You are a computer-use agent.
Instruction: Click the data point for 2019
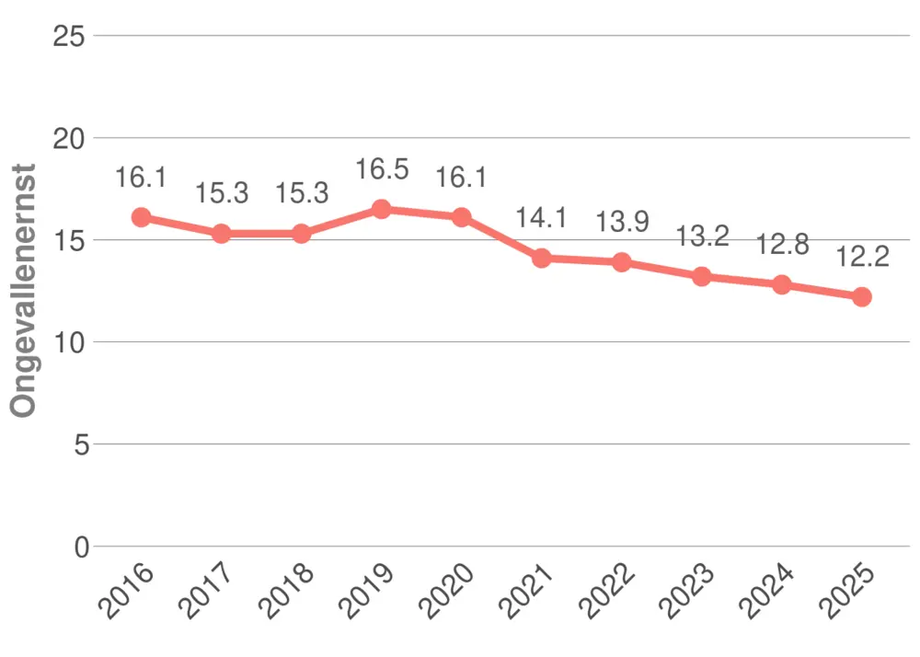(382, 209)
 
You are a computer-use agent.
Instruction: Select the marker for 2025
(862, 297)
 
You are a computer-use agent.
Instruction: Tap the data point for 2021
(542, 259)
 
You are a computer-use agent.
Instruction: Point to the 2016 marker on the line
(141, 217)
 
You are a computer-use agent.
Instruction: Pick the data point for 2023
(702, 277)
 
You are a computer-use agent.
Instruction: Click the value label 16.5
(382, 170)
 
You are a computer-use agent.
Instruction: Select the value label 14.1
(542, 219)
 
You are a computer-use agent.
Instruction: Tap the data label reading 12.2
(862, 257)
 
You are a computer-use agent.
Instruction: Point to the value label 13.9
(622, 222)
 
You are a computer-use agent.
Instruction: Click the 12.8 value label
(782, 245)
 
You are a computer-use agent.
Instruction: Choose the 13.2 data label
(702, 236)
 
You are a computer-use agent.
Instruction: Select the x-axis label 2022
(607, 589)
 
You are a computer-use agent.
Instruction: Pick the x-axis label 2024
(767, 589)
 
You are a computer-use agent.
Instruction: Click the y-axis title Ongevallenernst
(25, 291)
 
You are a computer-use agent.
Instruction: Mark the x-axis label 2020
(447, 589)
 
